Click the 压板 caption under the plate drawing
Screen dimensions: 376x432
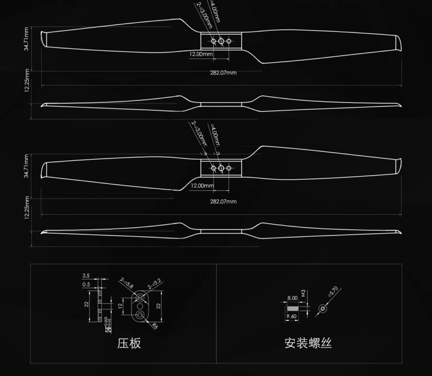tap(129, 343)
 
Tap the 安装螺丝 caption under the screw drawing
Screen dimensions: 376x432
tap(308, 343)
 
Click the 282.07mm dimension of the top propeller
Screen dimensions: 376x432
tap(223, 73)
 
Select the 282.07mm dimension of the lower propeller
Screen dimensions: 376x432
tap(223, 201)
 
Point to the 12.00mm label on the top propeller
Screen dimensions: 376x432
tap(201, 54)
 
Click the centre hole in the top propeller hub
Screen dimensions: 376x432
tap(221, 41)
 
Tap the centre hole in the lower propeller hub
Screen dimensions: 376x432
tap(221, 168)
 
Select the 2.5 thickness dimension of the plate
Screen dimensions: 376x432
tap(86, 276)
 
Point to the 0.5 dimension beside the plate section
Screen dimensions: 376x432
tap(86, 284)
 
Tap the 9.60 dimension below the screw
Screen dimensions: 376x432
tap(292, 316)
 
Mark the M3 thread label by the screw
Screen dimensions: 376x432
tap(303, 293)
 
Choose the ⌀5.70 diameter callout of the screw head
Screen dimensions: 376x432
tap(333, 292)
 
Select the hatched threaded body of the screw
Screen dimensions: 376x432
tap(292, 308)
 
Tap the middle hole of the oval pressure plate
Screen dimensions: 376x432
tap(141, 307)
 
